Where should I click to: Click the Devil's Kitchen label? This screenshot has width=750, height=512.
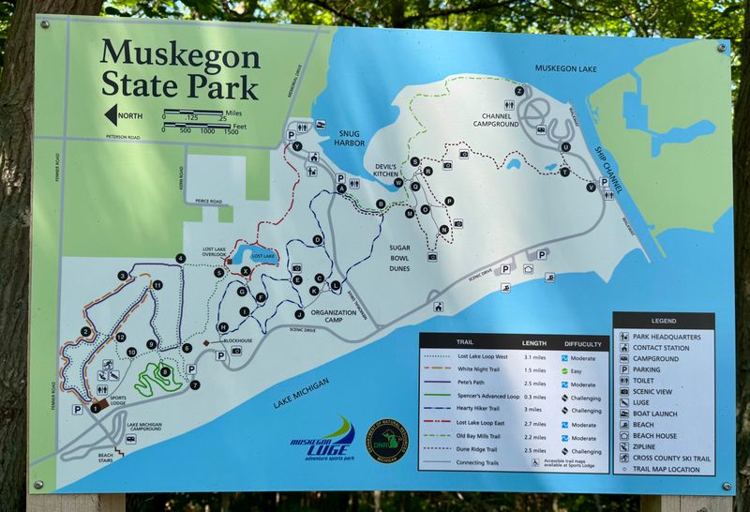(391, 170)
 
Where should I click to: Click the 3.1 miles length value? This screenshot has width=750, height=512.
(533, 357)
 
